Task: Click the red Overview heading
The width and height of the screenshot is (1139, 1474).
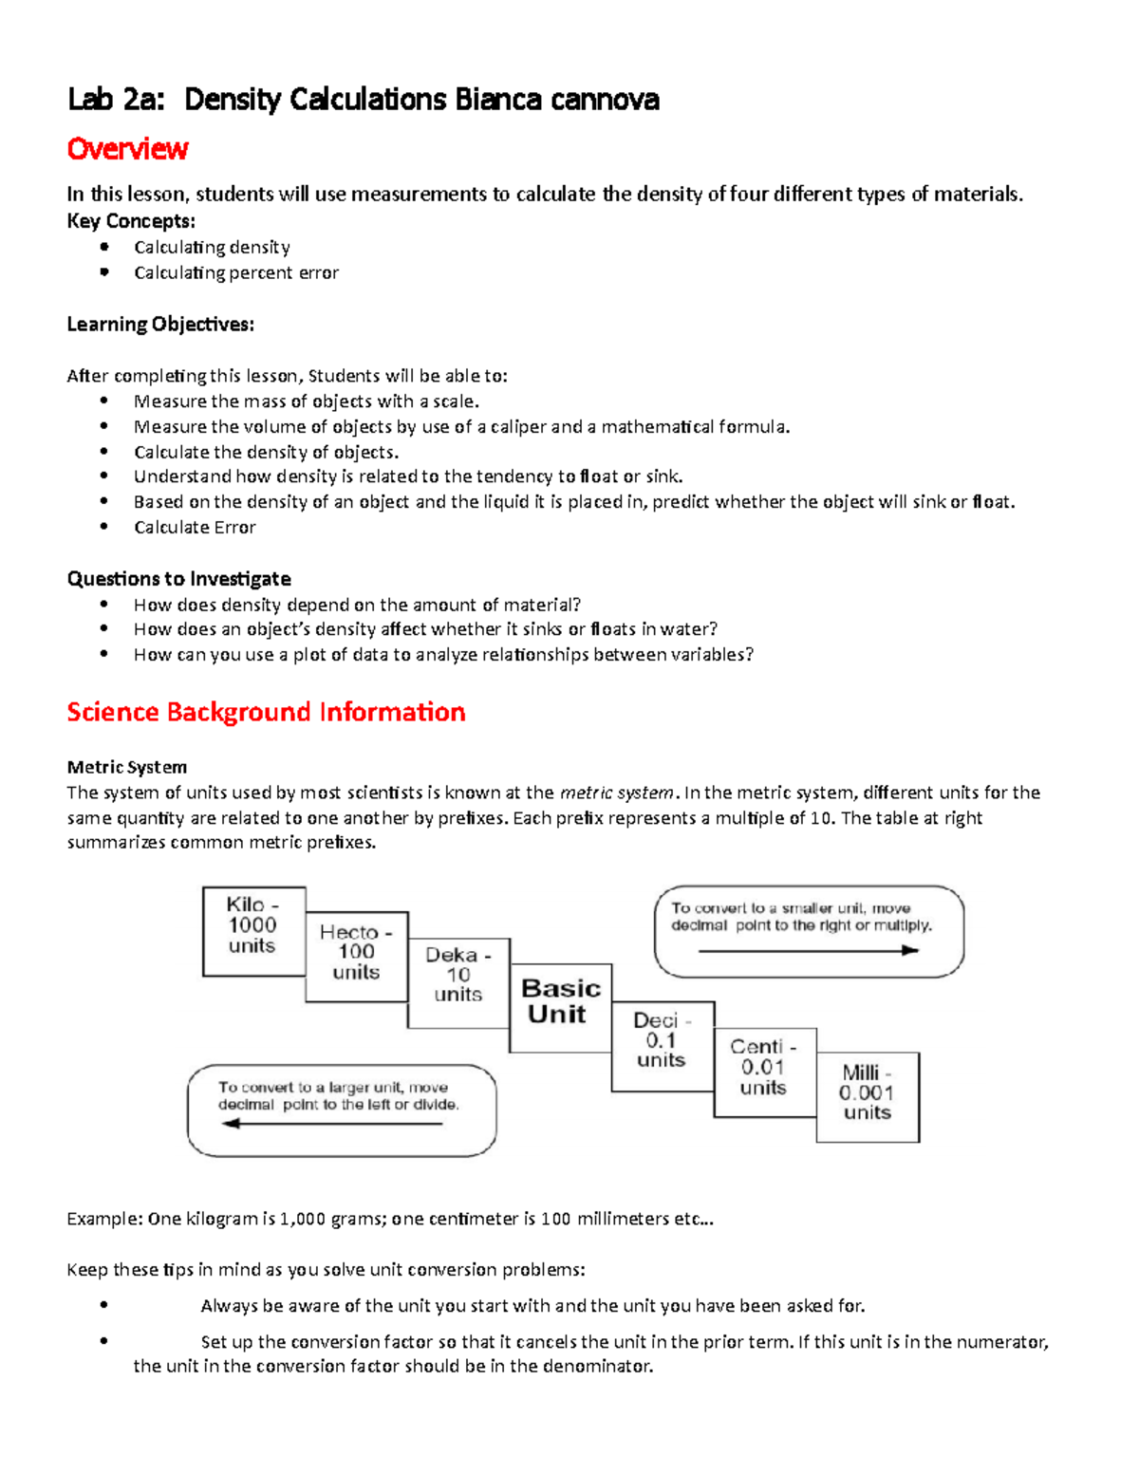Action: tap(127, 149)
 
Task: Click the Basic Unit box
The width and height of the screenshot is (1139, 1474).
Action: tap(560, 1002)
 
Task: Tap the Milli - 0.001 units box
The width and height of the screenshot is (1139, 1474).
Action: tap(868, 1094)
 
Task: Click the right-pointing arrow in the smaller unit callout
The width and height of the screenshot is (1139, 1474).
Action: tap(808, 950)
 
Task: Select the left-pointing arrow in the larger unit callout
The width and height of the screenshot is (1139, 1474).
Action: tap(332, 1124)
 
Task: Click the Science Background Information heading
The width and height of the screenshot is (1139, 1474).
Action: tap(266, 712)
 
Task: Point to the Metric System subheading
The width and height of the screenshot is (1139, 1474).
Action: tap(126, 767)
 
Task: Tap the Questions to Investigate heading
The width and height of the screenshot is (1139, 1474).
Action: tap(178, 579)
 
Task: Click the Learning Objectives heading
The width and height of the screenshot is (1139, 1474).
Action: tap(160, 325)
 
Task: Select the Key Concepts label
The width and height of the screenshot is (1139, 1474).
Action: tap(131, 221)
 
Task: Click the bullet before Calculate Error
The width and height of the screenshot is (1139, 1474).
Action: tap(104, 527)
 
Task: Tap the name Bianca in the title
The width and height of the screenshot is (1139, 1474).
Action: tap(497, 100)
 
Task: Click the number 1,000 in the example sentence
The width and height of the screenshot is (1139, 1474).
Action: tap(303, 1219)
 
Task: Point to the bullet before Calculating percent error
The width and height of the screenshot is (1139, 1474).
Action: tap(104, 272)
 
